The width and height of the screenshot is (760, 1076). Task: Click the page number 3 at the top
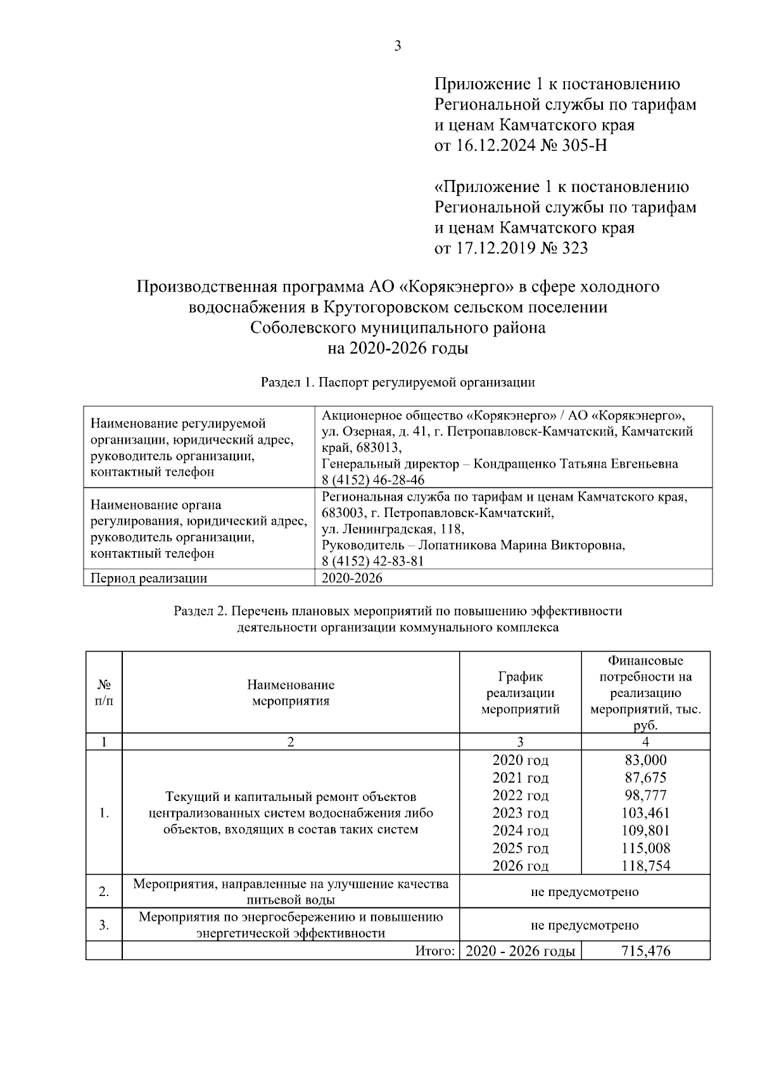click(x=397, y=46)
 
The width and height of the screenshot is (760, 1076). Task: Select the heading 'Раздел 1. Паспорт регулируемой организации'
click(x=398, y=382)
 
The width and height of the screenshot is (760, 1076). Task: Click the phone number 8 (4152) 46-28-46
click(x=373, y=480)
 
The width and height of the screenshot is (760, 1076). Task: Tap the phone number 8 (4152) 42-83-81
click(x=373, y=561)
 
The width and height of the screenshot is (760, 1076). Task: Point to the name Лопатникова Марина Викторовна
click(x=521, y=545)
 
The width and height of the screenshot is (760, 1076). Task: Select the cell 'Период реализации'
click(x=149, y=578)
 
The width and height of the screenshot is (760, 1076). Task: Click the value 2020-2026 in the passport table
click(x=351, y=578)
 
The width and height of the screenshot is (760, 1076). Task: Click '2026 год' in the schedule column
click(x=520, y=866)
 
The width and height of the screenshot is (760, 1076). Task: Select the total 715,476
click(x=645, y=951)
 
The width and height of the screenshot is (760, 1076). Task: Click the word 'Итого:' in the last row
click(x=435, y=951)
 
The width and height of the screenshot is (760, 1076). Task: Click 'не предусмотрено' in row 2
click(x=584, y=892)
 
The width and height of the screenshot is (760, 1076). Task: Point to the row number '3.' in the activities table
click(x=104, y=925)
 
